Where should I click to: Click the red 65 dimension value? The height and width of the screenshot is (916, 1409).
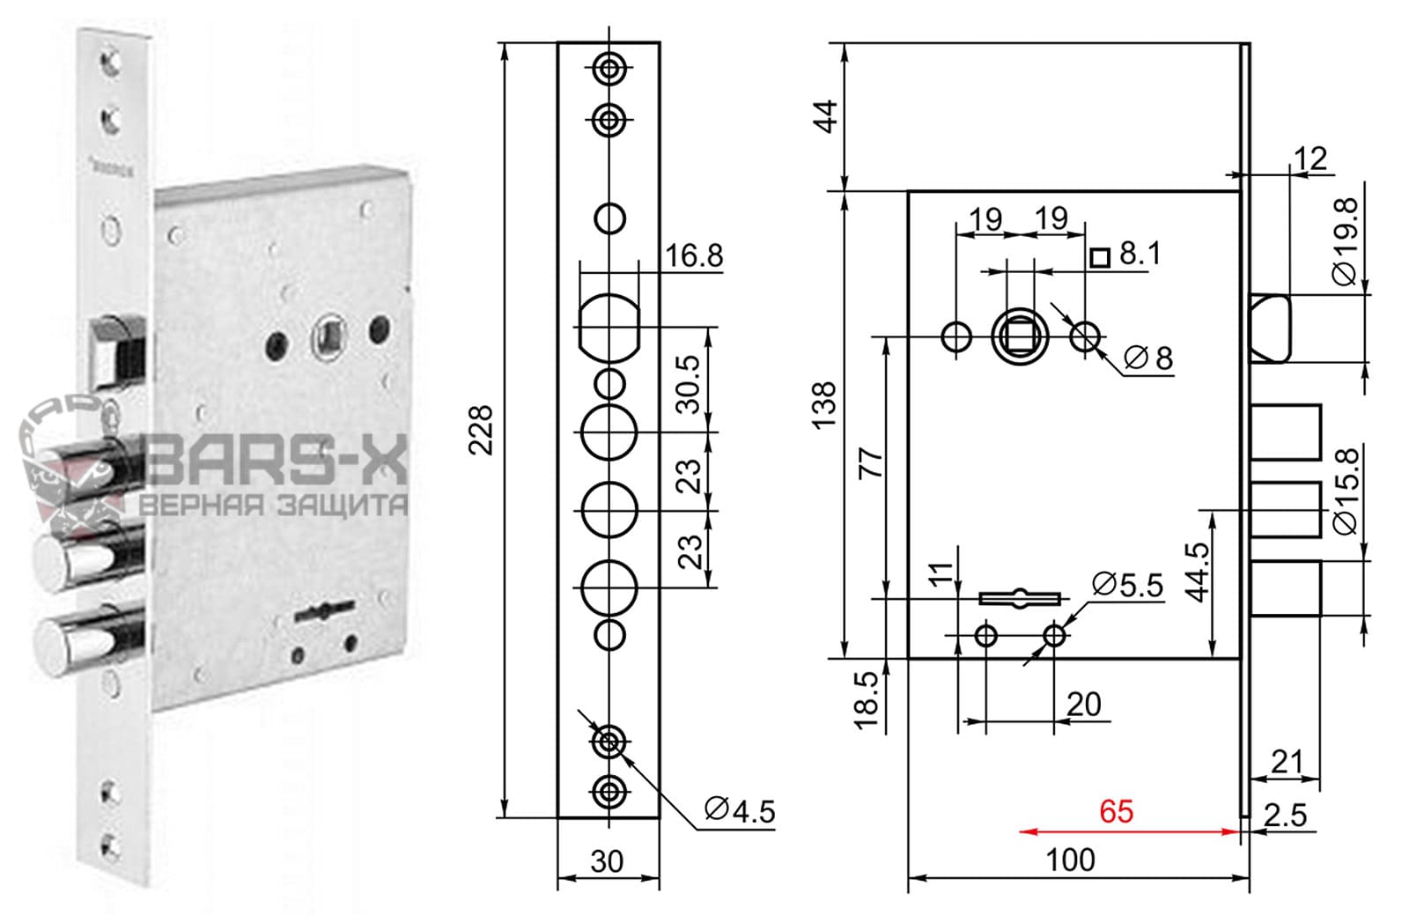point(1116,811)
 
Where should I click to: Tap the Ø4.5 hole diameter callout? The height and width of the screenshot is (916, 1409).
point(740,809)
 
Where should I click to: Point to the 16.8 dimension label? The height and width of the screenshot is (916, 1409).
point(694,255)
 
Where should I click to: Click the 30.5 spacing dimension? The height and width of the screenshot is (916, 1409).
point(692,383)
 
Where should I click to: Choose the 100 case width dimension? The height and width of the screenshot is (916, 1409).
point(1071,860)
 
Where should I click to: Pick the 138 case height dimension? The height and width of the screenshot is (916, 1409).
point(825,405)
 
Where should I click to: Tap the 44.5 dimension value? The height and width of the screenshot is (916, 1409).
point(1197,572)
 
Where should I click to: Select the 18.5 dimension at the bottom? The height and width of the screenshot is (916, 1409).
point(868,701)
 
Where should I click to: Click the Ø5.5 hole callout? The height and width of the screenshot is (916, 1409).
point(1127,584)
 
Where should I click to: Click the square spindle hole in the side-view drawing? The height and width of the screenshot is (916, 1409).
point(1020,336)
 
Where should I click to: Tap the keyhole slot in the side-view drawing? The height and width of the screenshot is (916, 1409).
point(1020,598)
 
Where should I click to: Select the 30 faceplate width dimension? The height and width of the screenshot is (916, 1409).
point(607,861)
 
